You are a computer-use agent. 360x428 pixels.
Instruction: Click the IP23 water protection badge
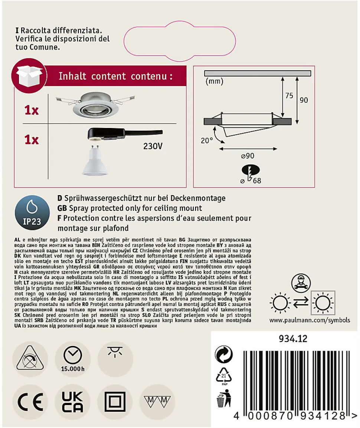(x=32, y=213)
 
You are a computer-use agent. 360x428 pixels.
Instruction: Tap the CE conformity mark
(x=30, y=402)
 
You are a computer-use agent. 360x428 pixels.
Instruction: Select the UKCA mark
(x=72, y=402)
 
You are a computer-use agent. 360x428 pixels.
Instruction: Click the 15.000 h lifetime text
(x=73, y=369)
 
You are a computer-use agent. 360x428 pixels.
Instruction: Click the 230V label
(x=153, y=146)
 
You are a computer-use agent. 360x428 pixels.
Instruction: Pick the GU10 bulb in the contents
(x=95, y=160)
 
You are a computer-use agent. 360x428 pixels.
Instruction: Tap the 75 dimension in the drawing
(x=289, y=96)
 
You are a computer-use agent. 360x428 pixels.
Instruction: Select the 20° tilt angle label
(x=207, y=141)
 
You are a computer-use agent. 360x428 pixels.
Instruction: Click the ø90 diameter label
(x=248, y=156)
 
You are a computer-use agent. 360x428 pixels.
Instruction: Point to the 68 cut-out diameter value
(x=257, y=181)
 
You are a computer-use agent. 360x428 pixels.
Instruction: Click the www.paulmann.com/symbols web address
(x=310, y=320)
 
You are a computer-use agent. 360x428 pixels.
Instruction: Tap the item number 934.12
(x=293, y=339)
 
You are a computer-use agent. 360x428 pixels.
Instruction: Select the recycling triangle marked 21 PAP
(x=224, y=376)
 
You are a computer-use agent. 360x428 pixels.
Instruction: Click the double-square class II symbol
(x=115, y=402)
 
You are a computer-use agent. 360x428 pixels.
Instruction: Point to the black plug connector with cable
(x=125, y=134)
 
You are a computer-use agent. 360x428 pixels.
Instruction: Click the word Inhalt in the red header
(x=72, y=76)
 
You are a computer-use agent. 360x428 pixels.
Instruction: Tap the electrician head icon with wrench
(x=301, y=283)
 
